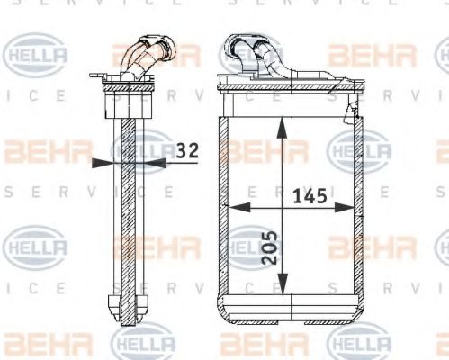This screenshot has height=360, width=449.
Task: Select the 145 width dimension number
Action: (309, 195)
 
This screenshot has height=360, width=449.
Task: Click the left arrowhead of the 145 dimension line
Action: (236, 208)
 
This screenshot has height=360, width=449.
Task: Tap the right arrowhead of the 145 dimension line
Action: (352, 208)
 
